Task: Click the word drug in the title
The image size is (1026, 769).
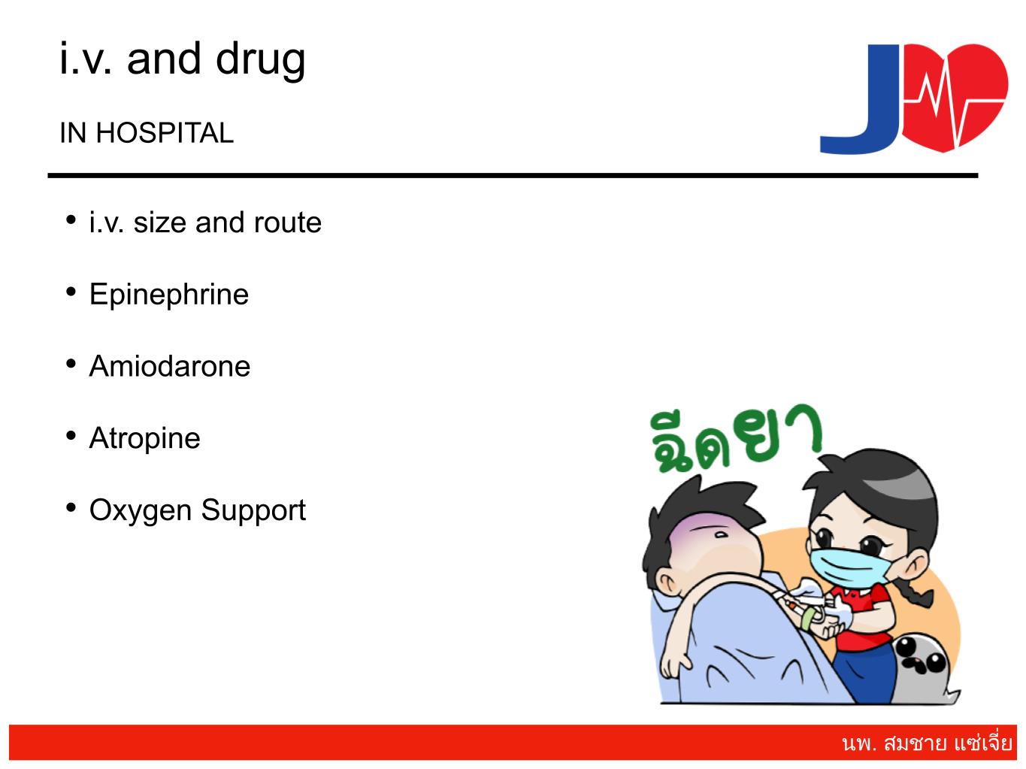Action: [x=260, y=61]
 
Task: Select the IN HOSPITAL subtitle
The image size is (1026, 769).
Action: [x=147, y=133]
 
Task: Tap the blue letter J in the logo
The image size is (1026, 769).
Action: [x=859, y=99]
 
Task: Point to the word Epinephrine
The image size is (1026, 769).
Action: [x=168, y=295]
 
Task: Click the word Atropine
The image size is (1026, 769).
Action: [x=144, y=438]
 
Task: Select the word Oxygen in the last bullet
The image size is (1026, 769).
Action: [x=141, y=510]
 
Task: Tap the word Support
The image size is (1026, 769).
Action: [x=253, y=510]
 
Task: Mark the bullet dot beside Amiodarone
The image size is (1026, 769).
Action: [x=71, y=363]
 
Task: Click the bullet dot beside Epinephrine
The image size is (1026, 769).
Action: [x=71, y=292]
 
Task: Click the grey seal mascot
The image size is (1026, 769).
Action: [x=923, y=668]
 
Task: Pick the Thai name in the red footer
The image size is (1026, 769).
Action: [x=927, y=743]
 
